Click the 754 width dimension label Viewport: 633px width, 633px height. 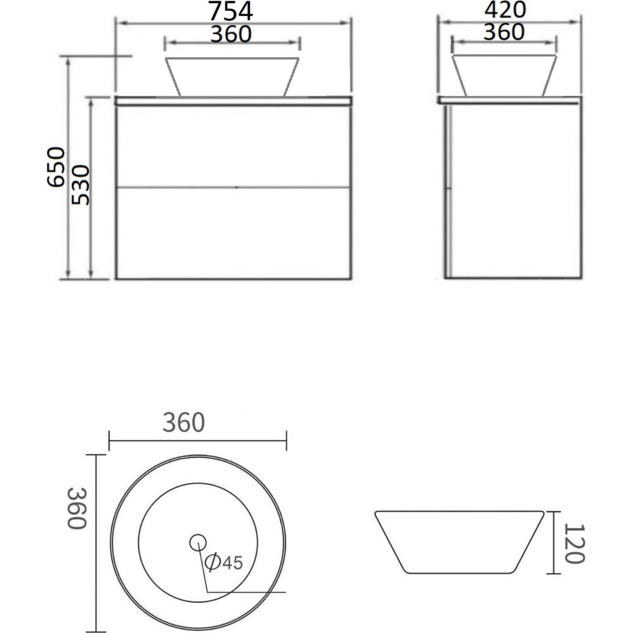coord(230,11)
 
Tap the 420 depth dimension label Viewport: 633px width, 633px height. coord(505,9)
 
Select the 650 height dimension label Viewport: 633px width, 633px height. coord(56,167)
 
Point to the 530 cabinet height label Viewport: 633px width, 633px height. coord(80,185)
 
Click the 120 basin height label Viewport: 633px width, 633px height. coord(575,543)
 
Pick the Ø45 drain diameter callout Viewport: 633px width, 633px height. coord(224,562)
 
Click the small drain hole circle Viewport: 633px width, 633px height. coord(197,542)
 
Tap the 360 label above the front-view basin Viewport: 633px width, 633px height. coord(231,34)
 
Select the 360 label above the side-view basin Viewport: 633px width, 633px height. coord(504,32)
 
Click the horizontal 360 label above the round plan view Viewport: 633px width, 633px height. coord(184,423)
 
